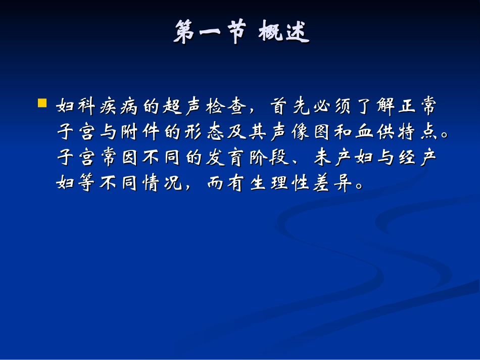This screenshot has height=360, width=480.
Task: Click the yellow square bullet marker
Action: pos(42,104)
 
